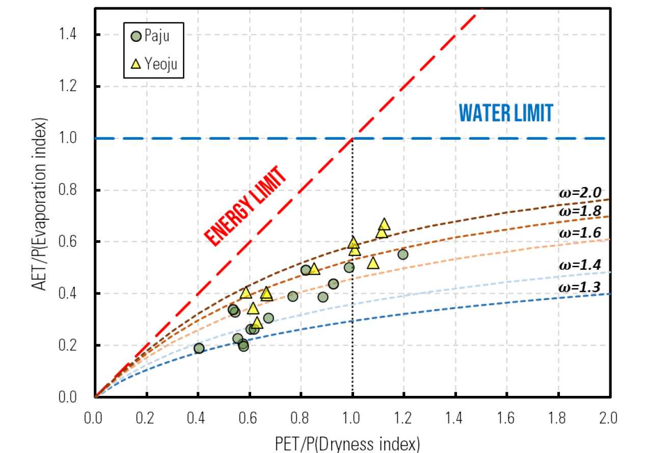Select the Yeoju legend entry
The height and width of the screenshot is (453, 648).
pyautogui.click(x=154, y=65)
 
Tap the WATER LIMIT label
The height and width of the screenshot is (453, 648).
pyautogui.click(x=506, y=113)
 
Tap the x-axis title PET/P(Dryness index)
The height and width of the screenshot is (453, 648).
pyautogui.click(x=353, y=442)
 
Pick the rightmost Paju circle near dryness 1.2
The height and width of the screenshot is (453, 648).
pyautogui.click(x=403, y=254)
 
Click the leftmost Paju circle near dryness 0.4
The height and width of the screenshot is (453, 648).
pyautogui.click(x=199, y=348)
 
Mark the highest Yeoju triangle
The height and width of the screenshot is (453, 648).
pyautogui.click(x=385, y=224)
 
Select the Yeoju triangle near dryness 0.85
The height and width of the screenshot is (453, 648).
pyautogui.click(x=314, y=269)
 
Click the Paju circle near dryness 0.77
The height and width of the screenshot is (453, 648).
pyautogui.click(x=292, y=296)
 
